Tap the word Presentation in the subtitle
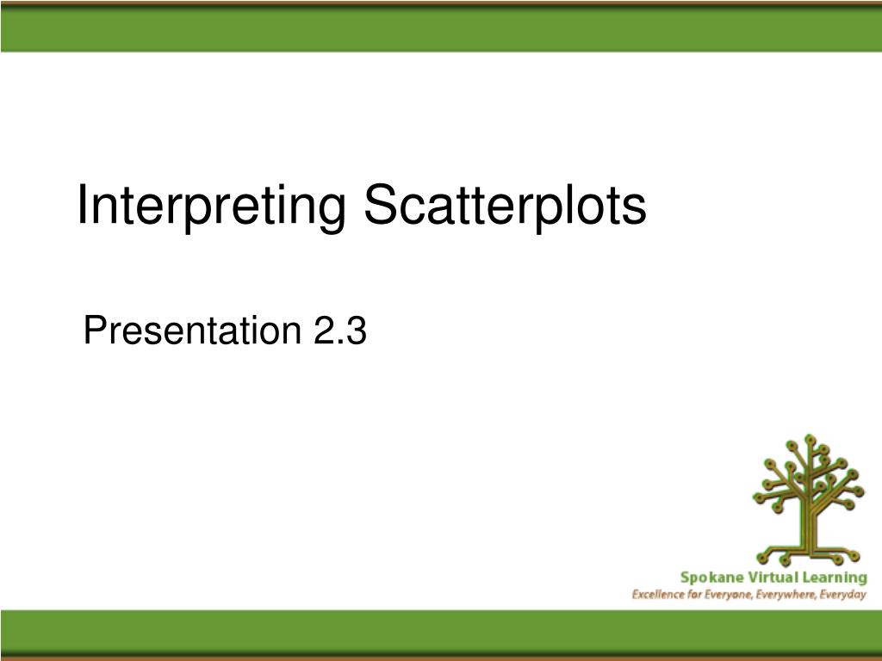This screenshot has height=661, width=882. [189, 330]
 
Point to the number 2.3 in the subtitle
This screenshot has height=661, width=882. [336, 330]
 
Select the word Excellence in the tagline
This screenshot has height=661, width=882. [659, 595]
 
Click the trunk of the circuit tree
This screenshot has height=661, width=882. [809, 525]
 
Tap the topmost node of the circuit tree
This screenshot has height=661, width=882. [809, 439]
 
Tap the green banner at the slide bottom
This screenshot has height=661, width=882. [441, 633]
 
